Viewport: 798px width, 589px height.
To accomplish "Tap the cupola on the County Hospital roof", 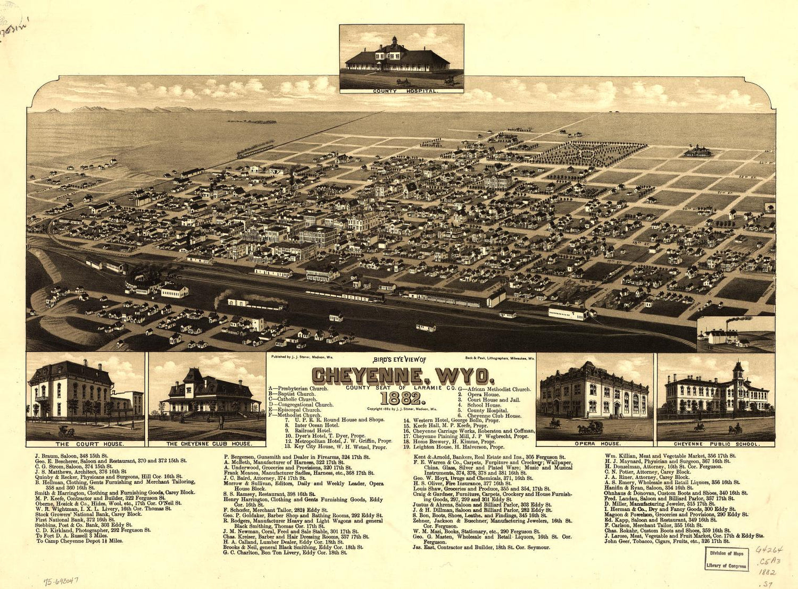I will pos(394,42).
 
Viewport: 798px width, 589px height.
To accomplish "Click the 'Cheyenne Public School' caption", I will pos(716,444).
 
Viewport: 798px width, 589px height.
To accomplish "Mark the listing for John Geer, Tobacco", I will pos(666,541).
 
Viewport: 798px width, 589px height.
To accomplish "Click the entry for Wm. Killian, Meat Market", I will pos(670,456).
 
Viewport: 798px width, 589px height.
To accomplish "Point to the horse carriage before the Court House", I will pos(66,431).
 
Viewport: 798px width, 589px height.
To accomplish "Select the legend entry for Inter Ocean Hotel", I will pos(317,425).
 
